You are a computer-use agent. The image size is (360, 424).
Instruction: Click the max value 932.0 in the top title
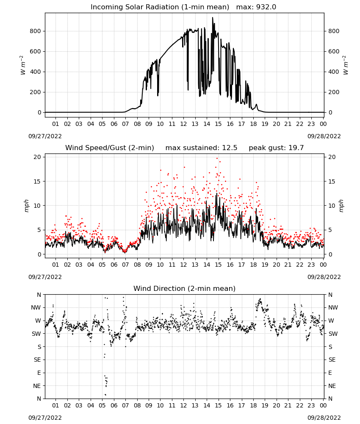266,7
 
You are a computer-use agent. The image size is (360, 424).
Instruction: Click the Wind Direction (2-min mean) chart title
185,288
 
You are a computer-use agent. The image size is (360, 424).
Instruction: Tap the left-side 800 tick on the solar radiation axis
35,31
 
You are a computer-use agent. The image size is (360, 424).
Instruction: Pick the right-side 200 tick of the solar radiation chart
334,92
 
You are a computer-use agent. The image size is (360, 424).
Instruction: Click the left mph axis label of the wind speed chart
26,206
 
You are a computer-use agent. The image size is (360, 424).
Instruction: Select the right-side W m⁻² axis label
346,65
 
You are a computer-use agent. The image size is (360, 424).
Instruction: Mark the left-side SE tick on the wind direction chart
37,360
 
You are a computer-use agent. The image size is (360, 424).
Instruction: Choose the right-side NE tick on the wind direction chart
332,386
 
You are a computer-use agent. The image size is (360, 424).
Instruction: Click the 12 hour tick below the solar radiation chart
183,124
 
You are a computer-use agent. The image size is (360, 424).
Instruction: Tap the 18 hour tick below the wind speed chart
253,265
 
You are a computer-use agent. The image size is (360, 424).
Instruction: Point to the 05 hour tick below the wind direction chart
102,406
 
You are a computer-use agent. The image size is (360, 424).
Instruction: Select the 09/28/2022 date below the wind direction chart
324,418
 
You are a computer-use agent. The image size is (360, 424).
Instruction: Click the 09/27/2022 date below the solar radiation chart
45,136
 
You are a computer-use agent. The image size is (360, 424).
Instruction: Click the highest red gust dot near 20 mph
217,159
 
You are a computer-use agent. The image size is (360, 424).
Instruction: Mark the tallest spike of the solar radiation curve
213,17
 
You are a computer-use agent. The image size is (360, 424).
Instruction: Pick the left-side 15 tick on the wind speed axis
37,181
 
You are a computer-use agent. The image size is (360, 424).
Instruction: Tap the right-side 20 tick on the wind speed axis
332,157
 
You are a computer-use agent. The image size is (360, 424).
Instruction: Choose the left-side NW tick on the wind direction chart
36,308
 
